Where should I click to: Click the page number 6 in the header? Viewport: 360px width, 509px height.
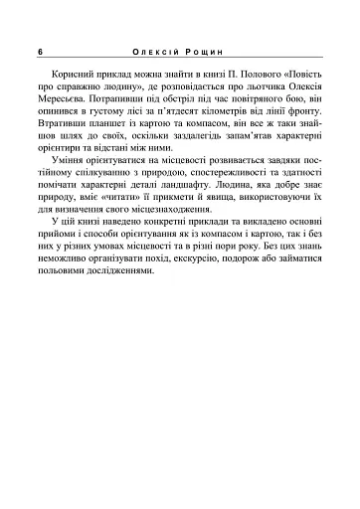[37, 51]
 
